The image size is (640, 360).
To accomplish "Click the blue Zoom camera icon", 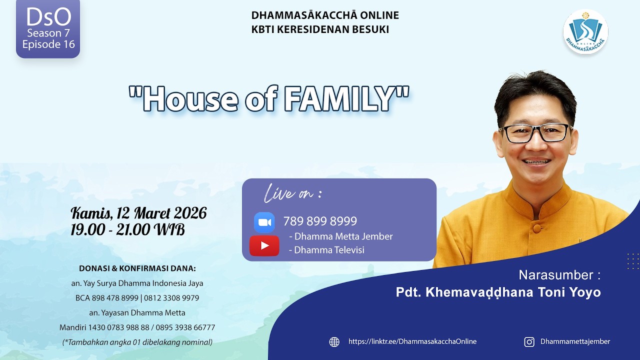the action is point(264,222).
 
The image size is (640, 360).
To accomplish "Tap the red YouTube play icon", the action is point(264,245).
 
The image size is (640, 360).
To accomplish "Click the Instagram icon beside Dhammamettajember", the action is point(529,341).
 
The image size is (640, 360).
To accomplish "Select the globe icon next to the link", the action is point(334,341).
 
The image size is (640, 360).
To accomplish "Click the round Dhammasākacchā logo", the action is point(585,31).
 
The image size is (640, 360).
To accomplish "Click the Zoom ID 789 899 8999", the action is point(320,221).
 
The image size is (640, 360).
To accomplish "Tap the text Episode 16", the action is point(48,44).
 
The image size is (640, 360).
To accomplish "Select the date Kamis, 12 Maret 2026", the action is point(138,213).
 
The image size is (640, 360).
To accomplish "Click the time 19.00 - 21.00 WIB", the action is point(127,229).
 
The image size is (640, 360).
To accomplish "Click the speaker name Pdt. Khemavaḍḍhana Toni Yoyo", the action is point(498,292).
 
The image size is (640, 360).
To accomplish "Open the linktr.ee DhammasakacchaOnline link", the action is point(412,341).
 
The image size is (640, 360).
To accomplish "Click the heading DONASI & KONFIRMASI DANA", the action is point(137,268).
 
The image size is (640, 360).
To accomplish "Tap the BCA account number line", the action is point(137,298).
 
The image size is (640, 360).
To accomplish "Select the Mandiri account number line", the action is point(137,327).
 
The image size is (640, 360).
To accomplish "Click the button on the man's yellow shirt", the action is point(537,227).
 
